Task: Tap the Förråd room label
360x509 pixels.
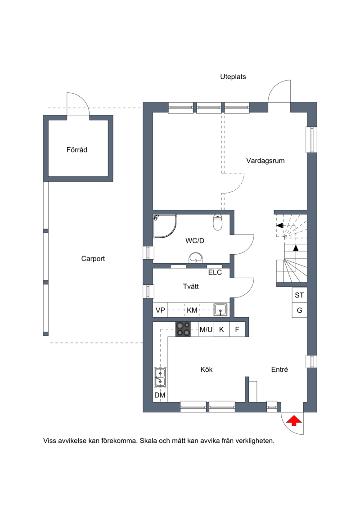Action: (76, 150)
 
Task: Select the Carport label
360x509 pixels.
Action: (93, 259)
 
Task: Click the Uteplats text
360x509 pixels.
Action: (233, 77)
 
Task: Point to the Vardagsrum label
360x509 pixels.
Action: (265, 161)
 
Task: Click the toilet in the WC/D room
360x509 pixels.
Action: (217, 222)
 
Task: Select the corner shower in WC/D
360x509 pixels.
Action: (165, 226)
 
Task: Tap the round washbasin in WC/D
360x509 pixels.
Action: (196, 258)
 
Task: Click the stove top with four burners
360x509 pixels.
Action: (183, 329)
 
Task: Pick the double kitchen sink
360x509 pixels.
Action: (160, 378)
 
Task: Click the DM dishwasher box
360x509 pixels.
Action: (160, 396)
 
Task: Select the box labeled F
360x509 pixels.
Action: (237, 329)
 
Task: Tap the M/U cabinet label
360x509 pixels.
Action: (206, 330)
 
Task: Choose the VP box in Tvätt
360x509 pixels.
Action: (160, 310)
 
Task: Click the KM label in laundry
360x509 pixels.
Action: (192, 311)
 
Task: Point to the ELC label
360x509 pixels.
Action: (215, 272)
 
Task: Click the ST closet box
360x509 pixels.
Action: (299, 295)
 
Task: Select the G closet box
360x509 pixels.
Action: (299, 310)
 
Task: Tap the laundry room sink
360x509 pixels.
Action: (220, 310)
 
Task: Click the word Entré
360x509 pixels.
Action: (279, 369)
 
